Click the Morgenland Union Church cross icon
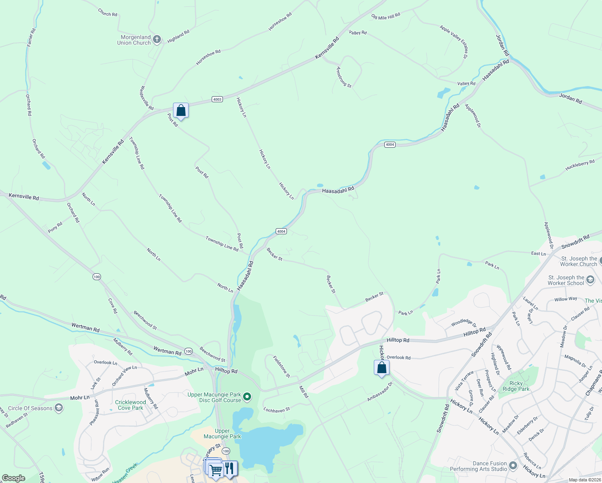pyautogui.click(x=157, y=39)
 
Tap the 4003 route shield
pyautogui.click(x=217, y=99)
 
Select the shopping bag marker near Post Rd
pyautogui.click(x=181, y=110)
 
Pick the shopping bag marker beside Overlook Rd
pyautogui.click(x=381, y=367)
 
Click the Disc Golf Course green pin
pyautogui.click(x=247, y=397)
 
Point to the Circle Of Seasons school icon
pyautogui.click(x=59, y=408)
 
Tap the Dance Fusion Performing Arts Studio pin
pyautogui.click(x=513, y=466)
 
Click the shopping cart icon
pyautogui.click(x=216, y=470)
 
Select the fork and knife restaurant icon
pyautogui.click(x=229, y=468)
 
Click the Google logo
pyautogui.click(x=14, y=478)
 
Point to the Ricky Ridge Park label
pyautogui.click(x=516, y=386)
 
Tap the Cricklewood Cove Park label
pyautogui.click(x=130, y=405)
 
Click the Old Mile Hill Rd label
pyautogui.click(x=386, y=16)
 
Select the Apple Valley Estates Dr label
pyautogui.click(x=454, y=42)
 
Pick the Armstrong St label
pyautogui.click(x=344, y=77)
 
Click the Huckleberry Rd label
pyautogui.click(x=580, y=165)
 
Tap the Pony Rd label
pyautogui.click(x=55, y=227)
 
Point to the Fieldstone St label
pyautogui.click(x=281, y=366)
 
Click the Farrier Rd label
pyautogui.click(x=31, y=37)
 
